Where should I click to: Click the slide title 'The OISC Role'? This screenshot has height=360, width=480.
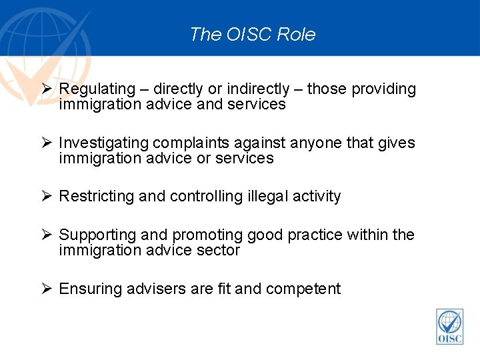[252, 34]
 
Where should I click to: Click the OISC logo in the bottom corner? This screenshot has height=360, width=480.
[449, 327]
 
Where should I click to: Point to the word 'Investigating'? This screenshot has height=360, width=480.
[103, 143]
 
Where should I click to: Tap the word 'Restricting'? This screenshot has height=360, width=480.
[97, 197]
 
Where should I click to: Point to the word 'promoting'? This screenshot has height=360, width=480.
[207, 235]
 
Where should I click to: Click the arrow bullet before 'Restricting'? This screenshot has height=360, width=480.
[46, 196]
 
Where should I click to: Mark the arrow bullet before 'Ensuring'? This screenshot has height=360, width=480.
[46, 289]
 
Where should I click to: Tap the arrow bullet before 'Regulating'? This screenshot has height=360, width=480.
[46, 89]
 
